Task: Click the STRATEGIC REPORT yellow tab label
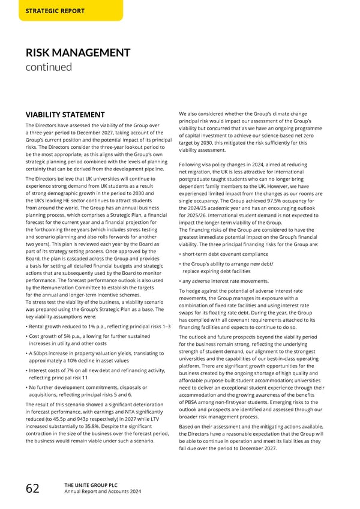coord(55,11)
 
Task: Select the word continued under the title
coord(48,67)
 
